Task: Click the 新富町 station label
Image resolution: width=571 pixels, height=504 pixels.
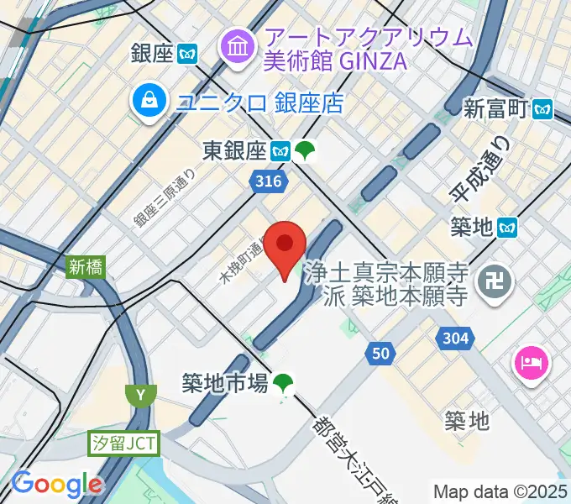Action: tap(498, 108)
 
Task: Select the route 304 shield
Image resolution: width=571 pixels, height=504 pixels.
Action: tap(453, 339)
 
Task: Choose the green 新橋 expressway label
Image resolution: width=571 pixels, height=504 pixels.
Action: tap(85, 267)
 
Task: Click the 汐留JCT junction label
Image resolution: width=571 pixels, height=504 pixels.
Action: tap(123, 443)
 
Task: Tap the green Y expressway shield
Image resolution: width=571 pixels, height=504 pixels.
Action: tap(140, 393)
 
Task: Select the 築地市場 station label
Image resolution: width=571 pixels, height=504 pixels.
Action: tap(225, 383)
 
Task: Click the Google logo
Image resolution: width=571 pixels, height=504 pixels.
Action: tap(56, 484)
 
